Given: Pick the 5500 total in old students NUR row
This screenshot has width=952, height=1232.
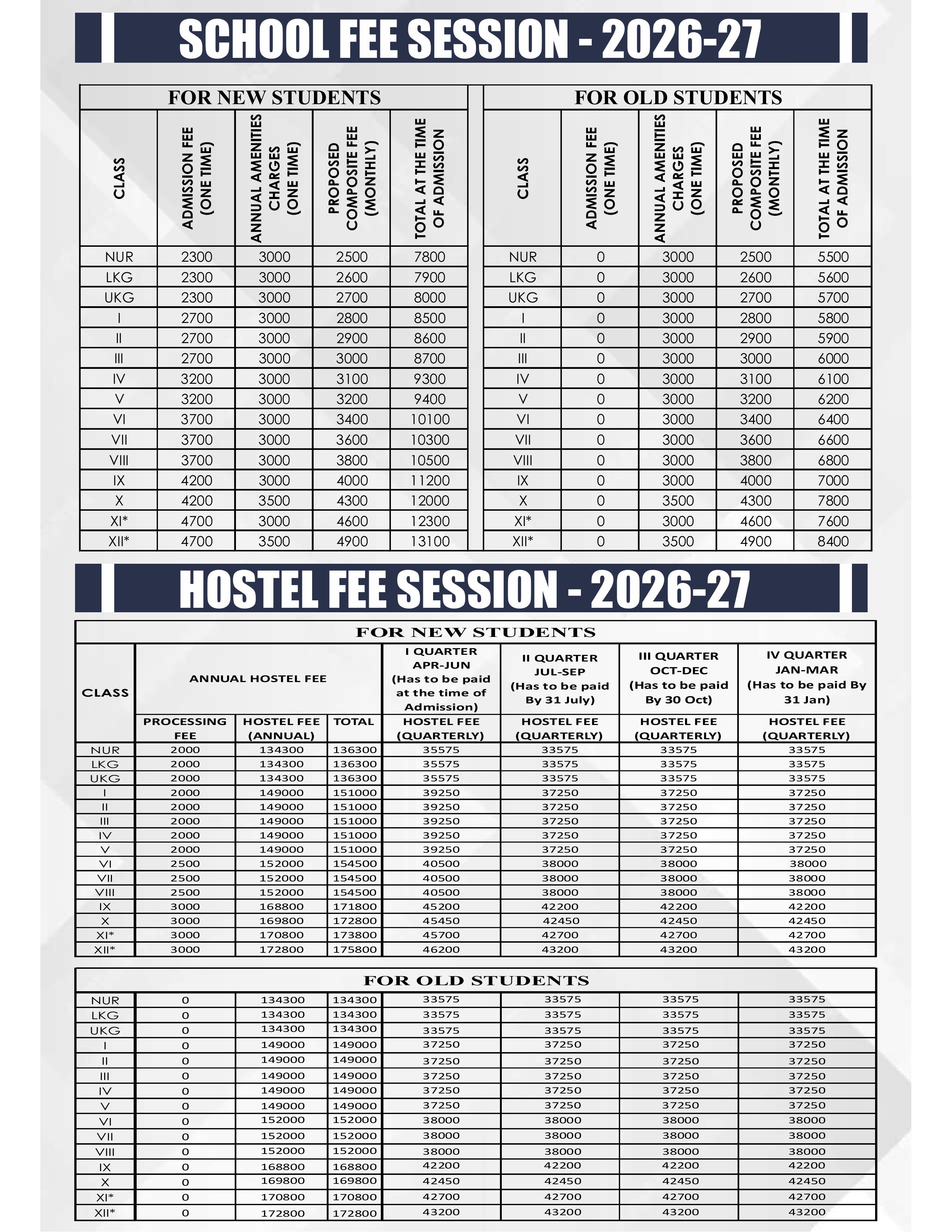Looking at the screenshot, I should [x=833, y=257].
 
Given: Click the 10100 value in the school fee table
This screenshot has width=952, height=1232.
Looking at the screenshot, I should [x=430, y=420].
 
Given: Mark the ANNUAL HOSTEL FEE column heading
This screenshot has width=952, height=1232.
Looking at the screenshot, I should [x=258, y=679].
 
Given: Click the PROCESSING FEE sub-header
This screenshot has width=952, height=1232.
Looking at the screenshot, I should [x=185, y=728].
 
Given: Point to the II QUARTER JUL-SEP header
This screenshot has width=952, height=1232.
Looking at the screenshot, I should [x=560, y=679].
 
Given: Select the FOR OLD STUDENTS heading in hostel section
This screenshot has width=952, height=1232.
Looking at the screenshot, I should [x=476, y=980].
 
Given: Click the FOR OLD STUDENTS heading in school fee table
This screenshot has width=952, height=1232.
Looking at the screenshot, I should [x=678, y=97].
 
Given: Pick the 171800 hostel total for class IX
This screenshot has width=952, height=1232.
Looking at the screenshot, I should [x=354, y=906].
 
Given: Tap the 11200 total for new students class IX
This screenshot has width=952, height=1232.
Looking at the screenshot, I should [x=430, y=480].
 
